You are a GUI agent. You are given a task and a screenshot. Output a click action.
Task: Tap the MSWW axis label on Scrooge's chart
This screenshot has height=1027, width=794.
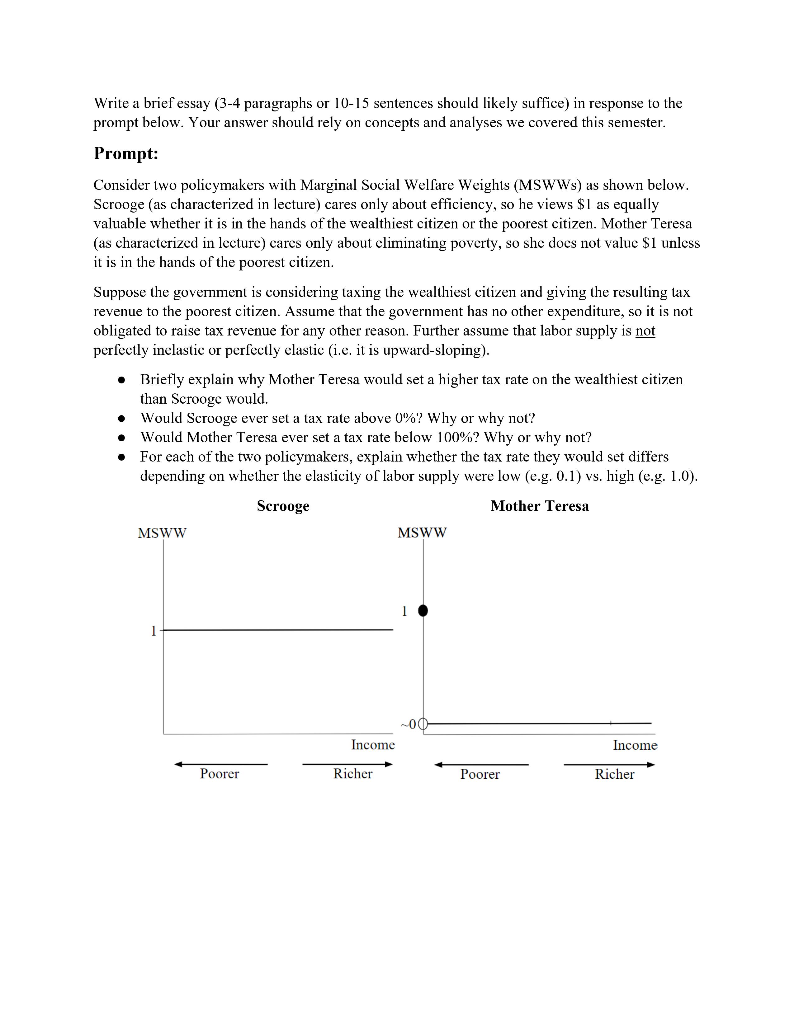162,533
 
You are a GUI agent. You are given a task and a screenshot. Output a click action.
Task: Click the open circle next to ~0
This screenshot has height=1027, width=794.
423,724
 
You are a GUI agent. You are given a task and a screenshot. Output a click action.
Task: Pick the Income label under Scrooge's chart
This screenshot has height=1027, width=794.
372,744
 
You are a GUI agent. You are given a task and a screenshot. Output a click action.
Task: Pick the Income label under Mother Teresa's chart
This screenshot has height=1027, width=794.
635,745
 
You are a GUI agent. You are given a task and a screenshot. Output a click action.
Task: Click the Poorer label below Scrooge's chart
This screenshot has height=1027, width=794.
219,774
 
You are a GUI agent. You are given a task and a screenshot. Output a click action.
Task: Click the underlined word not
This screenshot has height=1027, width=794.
645,331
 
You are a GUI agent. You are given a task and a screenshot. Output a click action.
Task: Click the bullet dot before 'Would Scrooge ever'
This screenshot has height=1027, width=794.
121,418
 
